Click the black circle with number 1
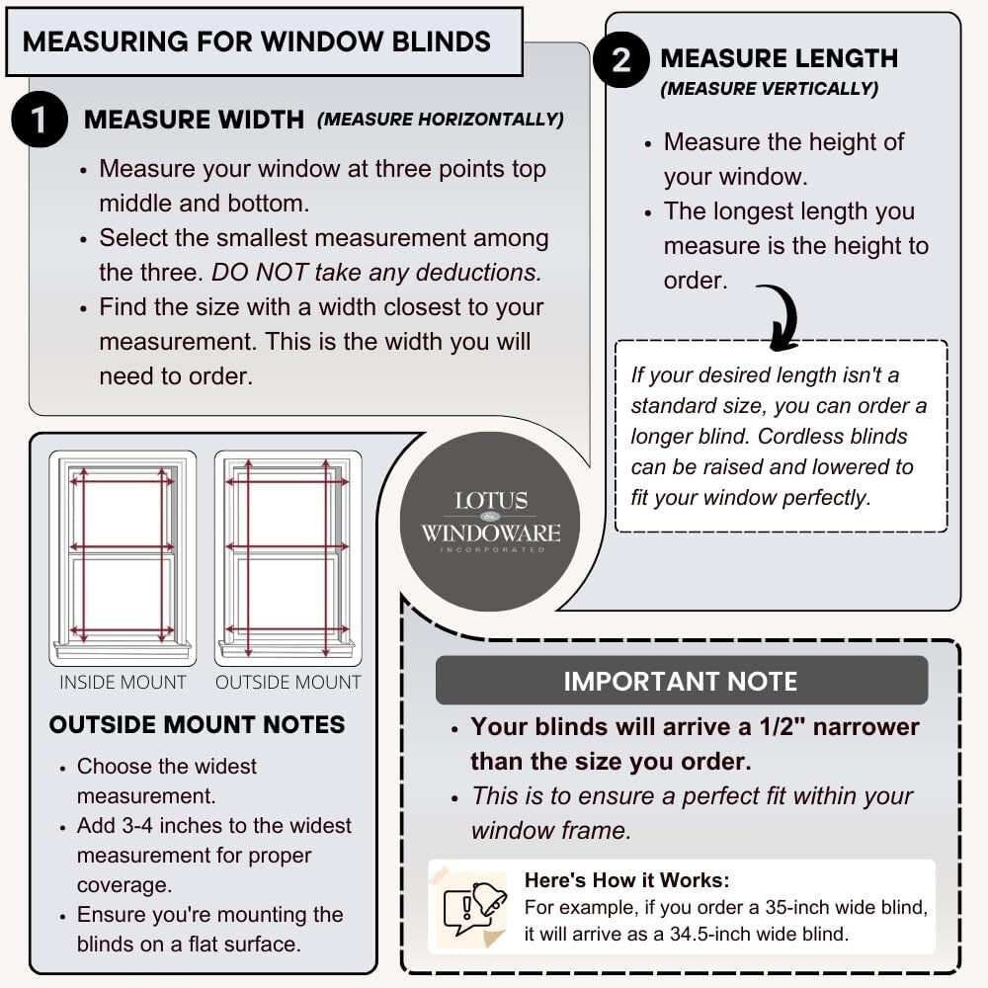pyautogui.click(x=40, y=120)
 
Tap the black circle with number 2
pyautogui.click(x=620, y=60)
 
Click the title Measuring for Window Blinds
pyautogui.click(x=256, y=41)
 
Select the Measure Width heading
pyautogui.click(x=194, y=120)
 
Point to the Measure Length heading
pyautogui.click(x=779, y=58)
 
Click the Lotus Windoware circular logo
pyautogui.click(x=490, y=521)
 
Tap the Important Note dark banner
pyautogui.click(x=681, y=681)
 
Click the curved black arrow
pyautogui.click(x=781, y=315)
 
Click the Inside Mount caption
pyautogui.click(x=123, y=683)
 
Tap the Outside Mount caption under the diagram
pyautogui.click(x=288, y=683)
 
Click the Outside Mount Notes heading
pyautogui.click(x=197, y=724)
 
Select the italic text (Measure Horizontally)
pyautogui.click(x=440, y=120)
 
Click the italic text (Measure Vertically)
pyautogui.click(x=769, y=89)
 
